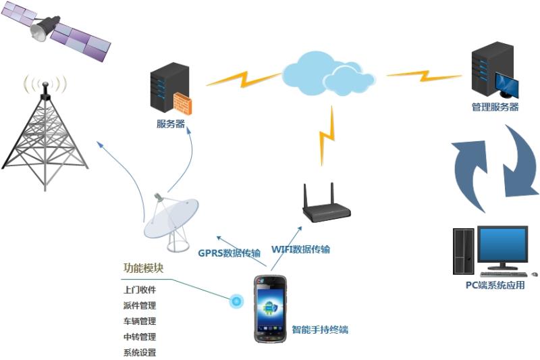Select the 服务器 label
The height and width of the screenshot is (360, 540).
click(x=171, y=124)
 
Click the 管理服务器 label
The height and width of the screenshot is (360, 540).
click(x=495, y=107)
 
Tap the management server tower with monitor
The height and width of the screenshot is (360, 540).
click(x=493, y=74)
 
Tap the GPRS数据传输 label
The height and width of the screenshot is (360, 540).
click(x=229, y=253)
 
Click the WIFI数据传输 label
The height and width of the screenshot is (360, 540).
click(x=300, y=249)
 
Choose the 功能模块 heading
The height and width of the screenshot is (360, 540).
click(x=143, y=267)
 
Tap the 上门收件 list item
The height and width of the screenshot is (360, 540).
click(x=139, y=290)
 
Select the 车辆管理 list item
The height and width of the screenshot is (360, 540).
click(x=139, y=321)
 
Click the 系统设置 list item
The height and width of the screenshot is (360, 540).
click(x=139, y=352)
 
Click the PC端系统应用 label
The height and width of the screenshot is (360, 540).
click(x=495, y=284)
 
